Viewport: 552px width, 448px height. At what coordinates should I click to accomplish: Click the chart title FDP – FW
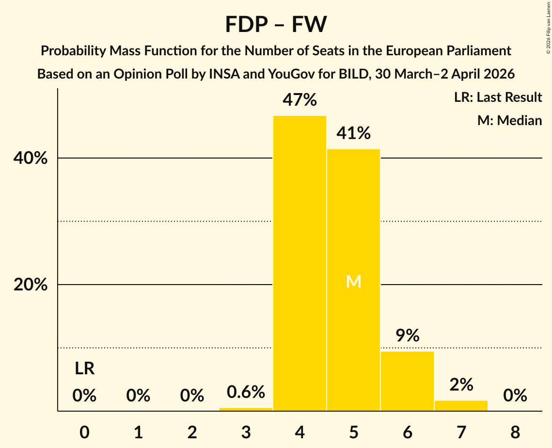coord(276,24)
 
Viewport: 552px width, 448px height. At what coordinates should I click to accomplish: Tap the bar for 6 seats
coord(407,381)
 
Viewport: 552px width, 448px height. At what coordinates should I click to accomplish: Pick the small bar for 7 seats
coord(461,406)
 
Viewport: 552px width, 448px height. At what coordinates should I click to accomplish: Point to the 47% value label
coord(300,100)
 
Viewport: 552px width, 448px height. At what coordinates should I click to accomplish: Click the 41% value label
coord(353,133)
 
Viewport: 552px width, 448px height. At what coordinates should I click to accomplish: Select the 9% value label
coord(407,336)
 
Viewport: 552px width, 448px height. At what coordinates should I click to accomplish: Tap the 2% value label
coord(461,385)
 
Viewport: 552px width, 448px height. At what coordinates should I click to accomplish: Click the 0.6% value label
coord(246,392)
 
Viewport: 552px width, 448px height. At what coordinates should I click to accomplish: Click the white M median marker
coord(353,281)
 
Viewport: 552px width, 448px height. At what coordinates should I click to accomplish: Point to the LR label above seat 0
coord(84,369)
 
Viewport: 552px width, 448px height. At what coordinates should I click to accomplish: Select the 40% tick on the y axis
coord(31,159)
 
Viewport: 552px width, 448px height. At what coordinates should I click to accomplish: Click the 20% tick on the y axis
coord(31,285)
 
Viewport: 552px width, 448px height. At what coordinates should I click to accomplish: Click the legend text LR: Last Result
coord(498,97)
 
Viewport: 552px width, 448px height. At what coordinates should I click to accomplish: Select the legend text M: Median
coord(509,120)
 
